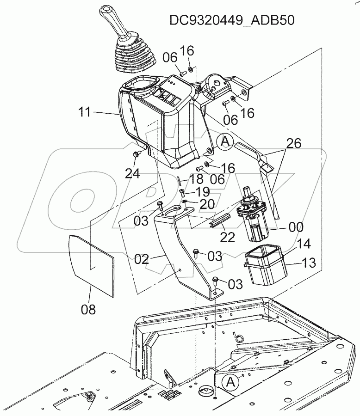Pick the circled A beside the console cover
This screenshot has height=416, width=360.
[224, 141]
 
